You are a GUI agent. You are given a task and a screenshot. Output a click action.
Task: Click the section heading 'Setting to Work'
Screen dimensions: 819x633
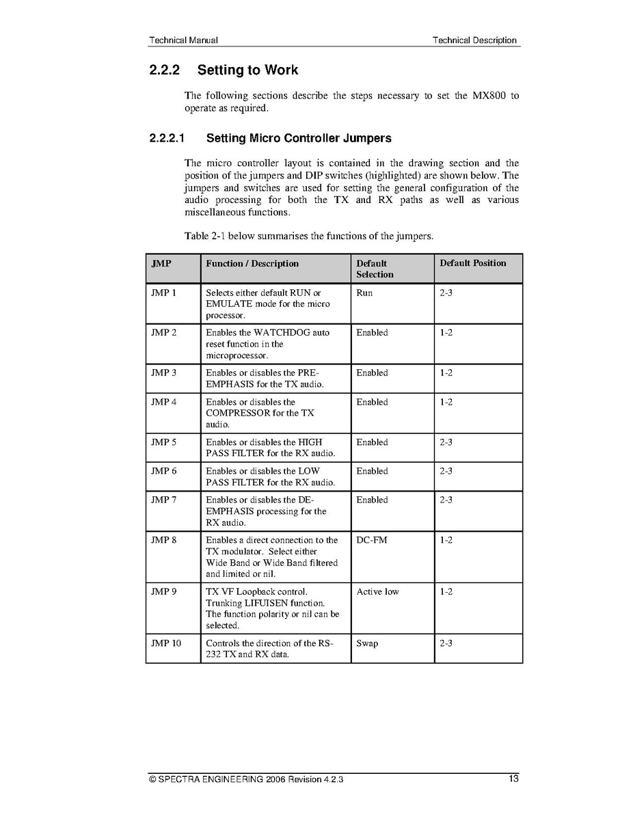[247, 70]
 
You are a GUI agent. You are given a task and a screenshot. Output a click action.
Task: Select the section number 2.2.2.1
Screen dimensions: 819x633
[167, 138]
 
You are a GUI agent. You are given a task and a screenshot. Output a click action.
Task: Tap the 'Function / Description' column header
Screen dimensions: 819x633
[252, 263]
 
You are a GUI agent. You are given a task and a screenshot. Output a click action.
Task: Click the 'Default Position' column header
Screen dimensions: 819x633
[472, 263]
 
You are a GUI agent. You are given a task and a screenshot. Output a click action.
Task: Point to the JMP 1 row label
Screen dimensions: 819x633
[163, 293]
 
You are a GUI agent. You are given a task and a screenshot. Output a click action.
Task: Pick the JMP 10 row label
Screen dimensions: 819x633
[166, 643]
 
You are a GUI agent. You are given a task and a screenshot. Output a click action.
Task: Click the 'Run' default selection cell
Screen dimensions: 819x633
[364, 293]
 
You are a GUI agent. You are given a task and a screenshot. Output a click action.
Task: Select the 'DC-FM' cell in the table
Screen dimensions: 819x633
[371, 540]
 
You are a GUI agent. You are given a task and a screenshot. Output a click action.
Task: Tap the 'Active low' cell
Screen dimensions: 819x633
[377, 591]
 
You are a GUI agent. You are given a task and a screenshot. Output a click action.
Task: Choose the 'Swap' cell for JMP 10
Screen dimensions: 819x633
[367, 643]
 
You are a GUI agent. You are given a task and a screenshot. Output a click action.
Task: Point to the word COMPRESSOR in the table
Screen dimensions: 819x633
[238, 413]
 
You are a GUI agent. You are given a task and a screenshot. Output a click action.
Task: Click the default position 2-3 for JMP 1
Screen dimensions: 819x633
[446, 293]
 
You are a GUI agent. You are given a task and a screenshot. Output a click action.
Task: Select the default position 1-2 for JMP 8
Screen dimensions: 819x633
[446, 540]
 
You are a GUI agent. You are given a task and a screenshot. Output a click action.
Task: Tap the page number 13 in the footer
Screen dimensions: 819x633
[513, 779]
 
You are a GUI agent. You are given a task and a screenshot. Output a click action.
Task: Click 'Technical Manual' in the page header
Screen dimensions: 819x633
[183, 40]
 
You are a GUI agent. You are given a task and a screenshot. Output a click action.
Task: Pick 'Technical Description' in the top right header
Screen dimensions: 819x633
[474, 40]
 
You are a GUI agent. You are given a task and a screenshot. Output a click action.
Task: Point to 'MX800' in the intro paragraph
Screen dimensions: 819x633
[489, 96]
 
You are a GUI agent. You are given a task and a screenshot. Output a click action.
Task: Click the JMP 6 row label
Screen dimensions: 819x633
[163, 471]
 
